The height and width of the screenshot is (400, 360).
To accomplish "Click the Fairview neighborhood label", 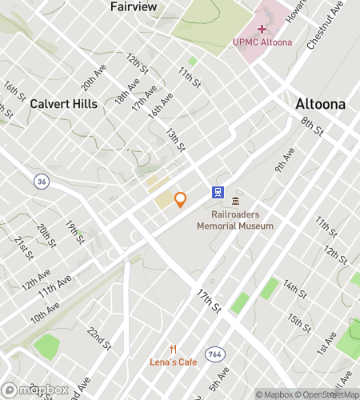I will [x=133, y=7].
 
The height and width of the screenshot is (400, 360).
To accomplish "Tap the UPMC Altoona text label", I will [x=262, y=42].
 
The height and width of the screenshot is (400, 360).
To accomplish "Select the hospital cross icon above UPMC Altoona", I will [x=262, y=29].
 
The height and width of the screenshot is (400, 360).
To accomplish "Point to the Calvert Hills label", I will [x=64, y=104].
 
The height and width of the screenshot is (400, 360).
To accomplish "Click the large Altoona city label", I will [x=320, y=104].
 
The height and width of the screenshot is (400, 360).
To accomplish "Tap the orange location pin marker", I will [x=181, y=199].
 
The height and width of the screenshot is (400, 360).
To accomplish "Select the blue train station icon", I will [x=217, y=192].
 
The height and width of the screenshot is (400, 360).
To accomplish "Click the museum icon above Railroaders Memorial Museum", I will [x=235, y=201].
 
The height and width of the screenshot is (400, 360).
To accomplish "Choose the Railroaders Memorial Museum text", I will [x=235, y=220].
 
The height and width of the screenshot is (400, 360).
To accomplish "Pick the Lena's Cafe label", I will [x=173, y=362].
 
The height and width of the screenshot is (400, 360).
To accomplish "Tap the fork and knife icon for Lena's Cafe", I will [x=173, y=349].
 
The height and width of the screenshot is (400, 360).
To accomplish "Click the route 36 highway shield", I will [x=40, y=182].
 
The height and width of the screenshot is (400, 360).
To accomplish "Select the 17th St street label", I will [x=208, y=300].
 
